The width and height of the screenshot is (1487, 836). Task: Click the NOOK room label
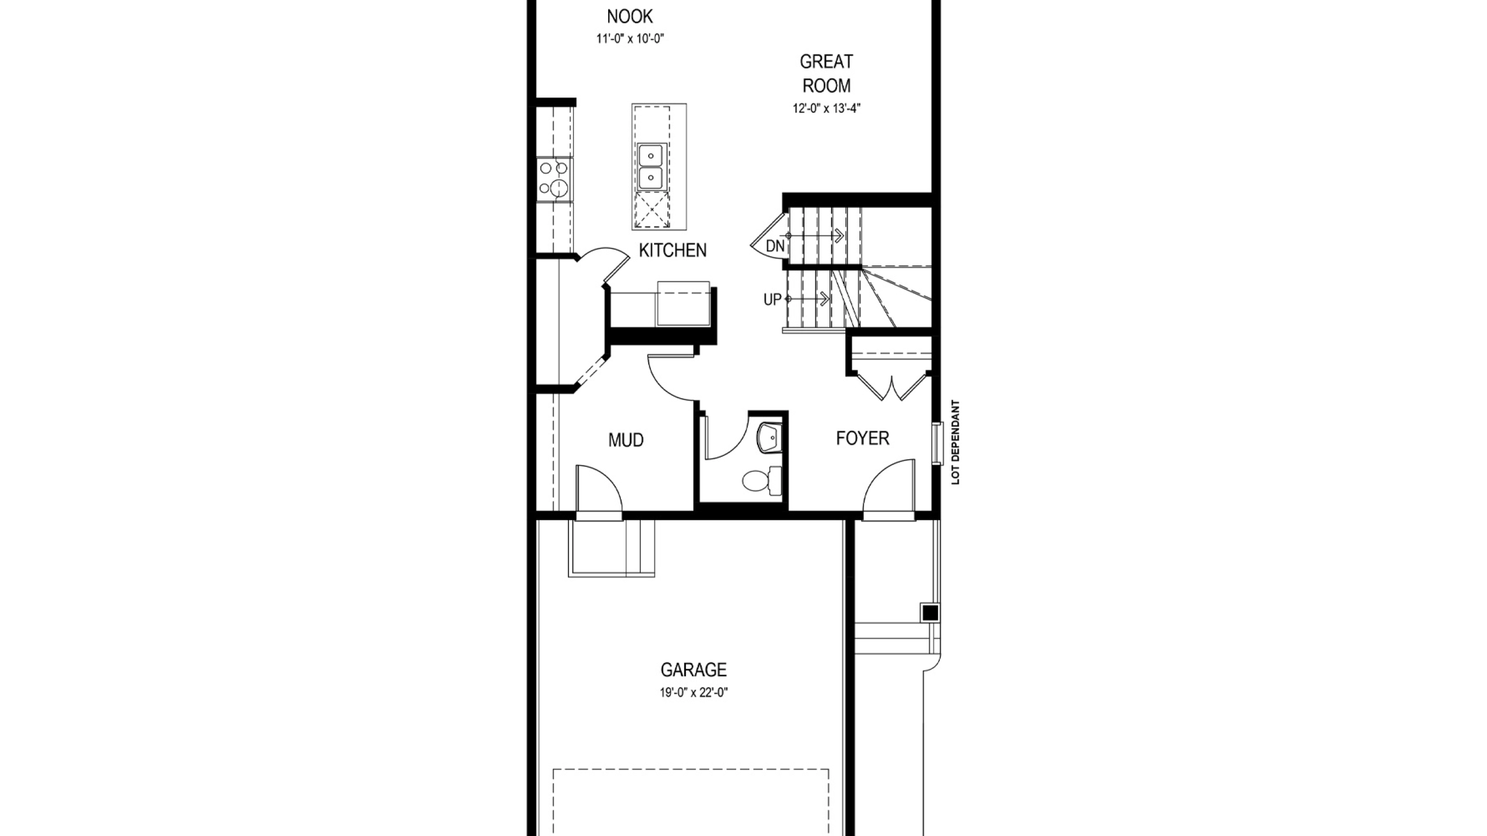[x=630, y=16]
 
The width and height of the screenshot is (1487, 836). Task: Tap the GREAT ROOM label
[x=826, y=73]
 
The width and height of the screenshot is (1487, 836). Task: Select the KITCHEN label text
[x=673, y=250]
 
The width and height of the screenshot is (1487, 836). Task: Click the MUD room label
[x=626, y=440]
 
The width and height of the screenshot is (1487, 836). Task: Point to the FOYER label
[x=863, y=438]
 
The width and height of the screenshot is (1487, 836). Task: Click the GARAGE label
[x=694, y=670]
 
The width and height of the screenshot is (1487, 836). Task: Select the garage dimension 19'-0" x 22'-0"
[x=694, y=693]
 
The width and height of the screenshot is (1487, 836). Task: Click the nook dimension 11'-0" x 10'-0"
[x=630, y=39]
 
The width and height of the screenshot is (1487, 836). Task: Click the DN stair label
[x=775, y=246]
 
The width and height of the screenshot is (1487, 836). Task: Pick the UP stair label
[x=772, y=300]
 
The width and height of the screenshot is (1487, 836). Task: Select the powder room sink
[x=770, y=437]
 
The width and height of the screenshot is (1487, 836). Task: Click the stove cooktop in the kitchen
[x=148, y=179]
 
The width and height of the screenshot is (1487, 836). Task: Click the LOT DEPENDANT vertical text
[x=956, y=442]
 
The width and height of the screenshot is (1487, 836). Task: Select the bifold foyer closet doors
[x=892, y=385]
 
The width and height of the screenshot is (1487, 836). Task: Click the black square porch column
[x=931, y=613]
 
